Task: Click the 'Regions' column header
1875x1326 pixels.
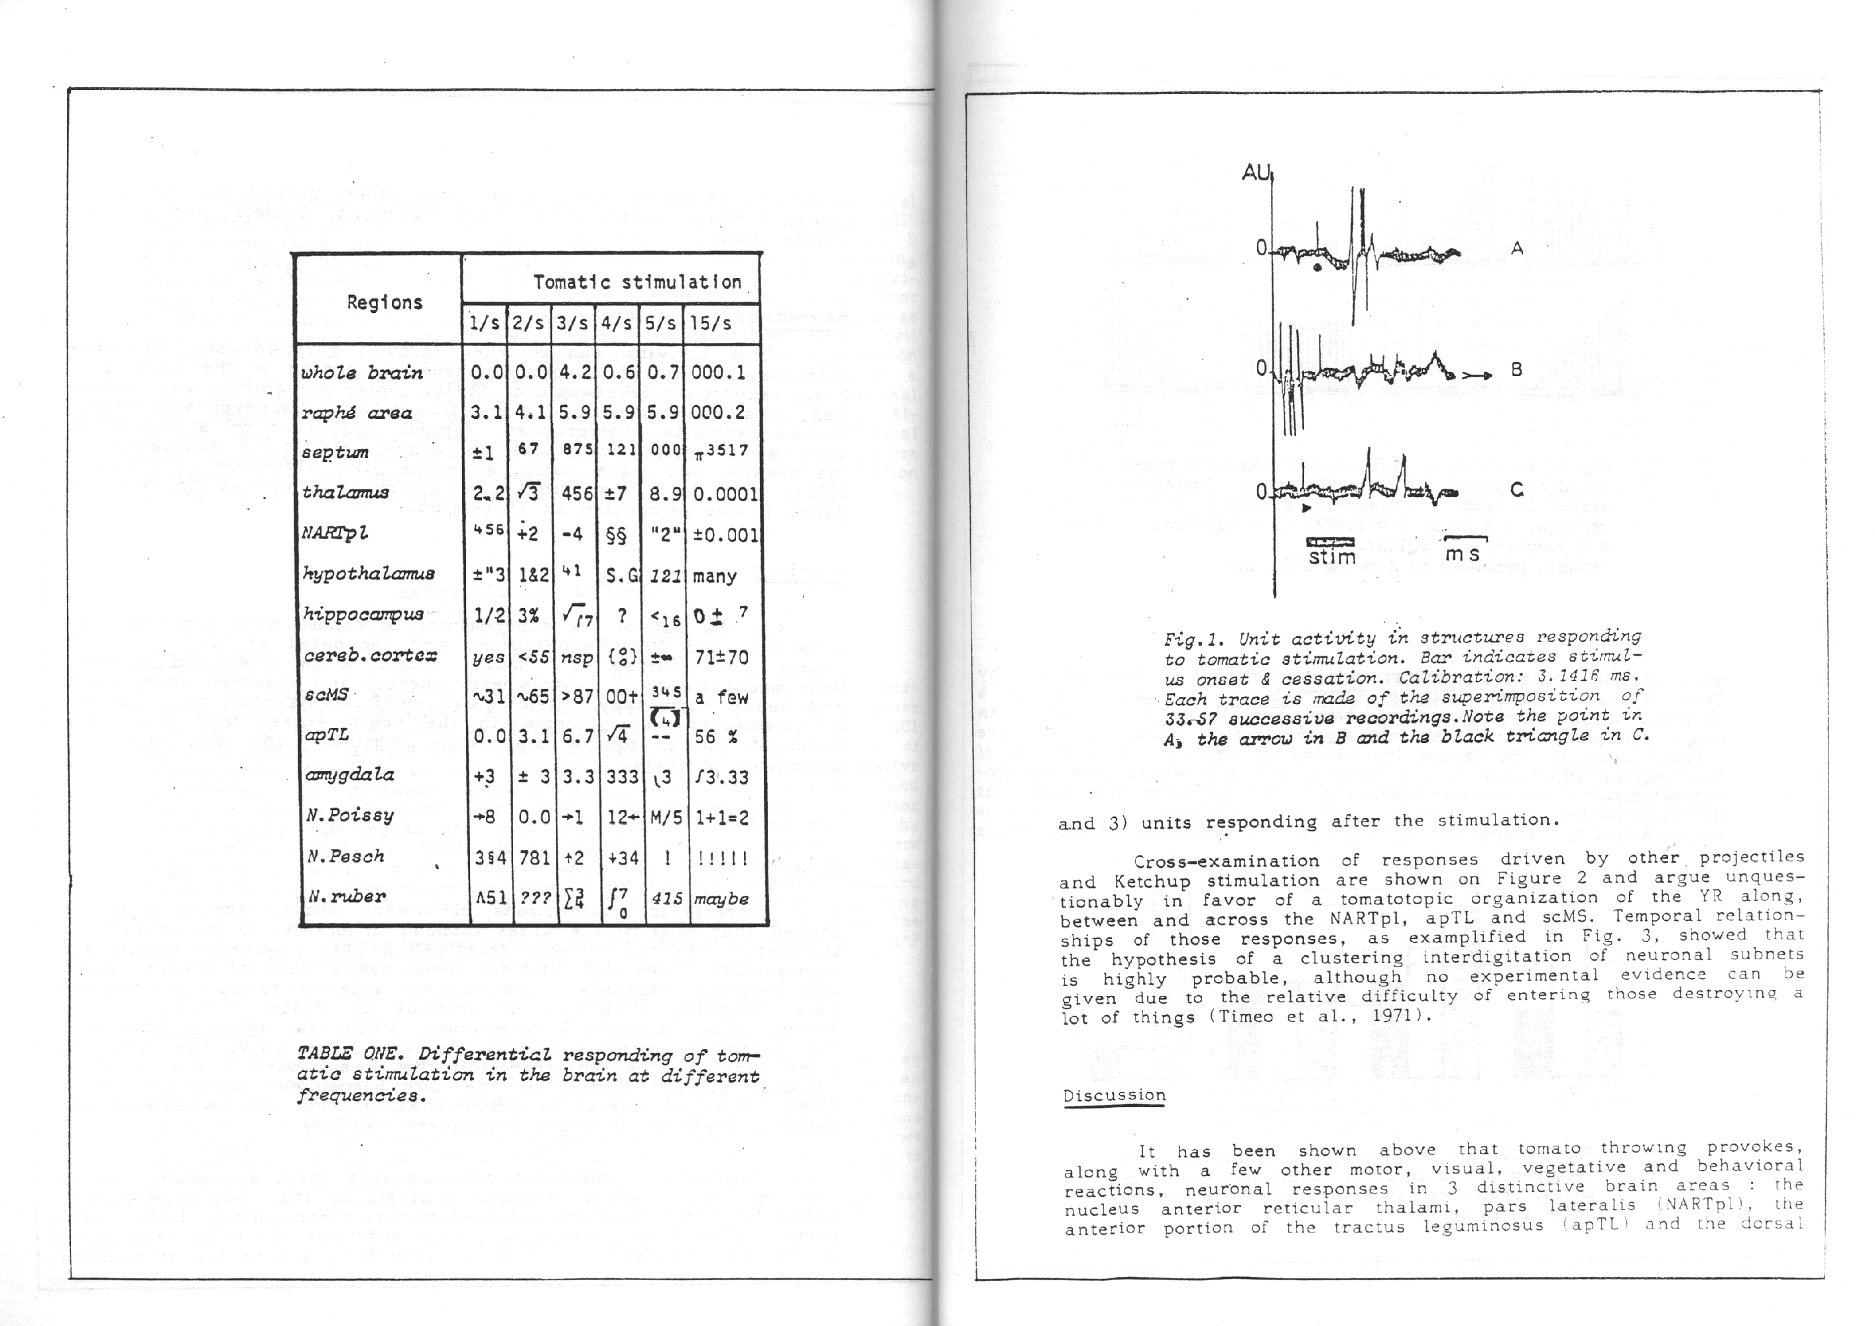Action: (384, 302)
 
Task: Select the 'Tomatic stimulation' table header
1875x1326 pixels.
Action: (636, 282)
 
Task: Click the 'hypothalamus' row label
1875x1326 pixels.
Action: (367, 573)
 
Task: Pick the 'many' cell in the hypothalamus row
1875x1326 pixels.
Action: (715, 576)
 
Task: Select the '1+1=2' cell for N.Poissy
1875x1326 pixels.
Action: (721, 817)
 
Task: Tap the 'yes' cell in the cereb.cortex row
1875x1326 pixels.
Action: (487, 657)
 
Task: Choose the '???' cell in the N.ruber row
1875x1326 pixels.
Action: (534, 897)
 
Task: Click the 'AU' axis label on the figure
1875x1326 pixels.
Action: (1256, 173)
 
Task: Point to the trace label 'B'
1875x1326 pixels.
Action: (1516, 369)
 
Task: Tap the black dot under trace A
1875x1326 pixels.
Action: (1317, 267)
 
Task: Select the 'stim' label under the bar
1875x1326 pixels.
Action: (1332, 558)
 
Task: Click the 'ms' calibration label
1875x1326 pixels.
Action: (1463, 554)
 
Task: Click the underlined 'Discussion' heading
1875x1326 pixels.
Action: (1114, 1096)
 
